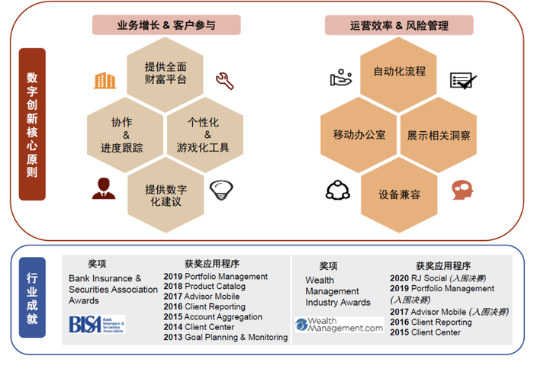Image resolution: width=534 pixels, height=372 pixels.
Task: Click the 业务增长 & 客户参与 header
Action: coord(166,25)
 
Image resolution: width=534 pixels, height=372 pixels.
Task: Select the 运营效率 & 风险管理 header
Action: coord(399,25)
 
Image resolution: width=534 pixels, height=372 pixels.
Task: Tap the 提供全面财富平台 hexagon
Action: coord(166,72)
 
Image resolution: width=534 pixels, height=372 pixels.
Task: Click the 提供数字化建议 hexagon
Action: coord(166,195)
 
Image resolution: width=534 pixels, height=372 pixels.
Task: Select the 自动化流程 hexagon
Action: coord(399,72)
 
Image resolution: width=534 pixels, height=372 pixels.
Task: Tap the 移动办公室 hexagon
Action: coord(359,134)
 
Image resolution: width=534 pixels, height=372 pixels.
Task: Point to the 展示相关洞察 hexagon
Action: coord(439,134)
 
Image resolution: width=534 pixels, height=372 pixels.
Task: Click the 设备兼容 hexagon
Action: coord(399,195)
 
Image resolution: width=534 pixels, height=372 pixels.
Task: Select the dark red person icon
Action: coord(104,188)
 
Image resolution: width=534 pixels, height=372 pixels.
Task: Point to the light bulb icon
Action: coord(221,188)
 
